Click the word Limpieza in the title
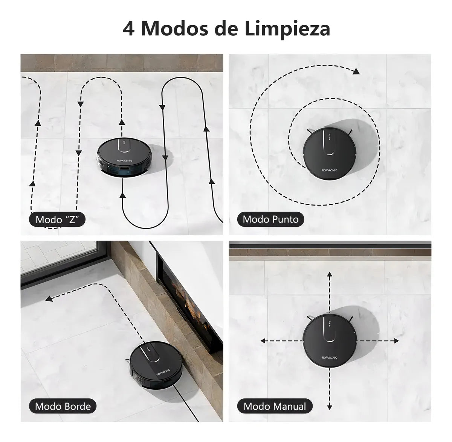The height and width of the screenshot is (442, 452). [x=287, y=29]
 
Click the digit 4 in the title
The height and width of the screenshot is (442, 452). [x=128, y=29]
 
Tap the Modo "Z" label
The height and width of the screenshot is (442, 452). [x=57, y=219]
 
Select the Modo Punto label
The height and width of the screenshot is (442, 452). [x=270, y=219]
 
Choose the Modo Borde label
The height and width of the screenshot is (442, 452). [x=63, y=406]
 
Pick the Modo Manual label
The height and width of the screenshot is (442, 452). [x=275, y=406]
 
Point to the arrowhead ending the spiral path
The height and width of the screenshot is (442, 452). [x=356, y=71]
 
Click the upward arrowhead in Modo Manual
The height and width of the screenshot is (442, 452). [x=330, y=275]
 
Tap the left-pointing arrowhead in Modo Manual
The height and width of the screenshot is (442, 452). [x=263, y=341]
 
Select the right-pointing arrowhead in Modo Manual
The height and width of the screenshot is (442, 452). [x=396, y=341]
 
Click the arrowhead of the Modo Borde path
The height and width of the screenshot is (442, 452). [x=49, y=298]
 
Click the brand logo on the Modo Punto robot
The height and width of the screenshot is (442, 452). [x=329, y=170]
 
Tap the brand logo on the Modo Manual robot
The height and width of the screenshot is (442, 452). [x=329, y=357]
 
